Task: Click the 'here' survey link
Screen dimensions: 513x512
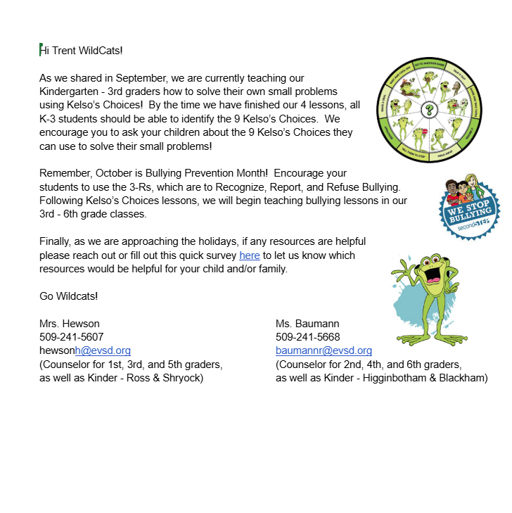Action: pyautogui.click(x=250, y=255)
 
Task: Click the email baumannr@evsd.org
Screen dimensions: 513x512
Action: pyautogui.click(x=324, y=350)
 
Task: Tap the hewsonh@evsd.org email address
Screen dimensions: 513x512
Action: pyautogui.click(x=85, y=350)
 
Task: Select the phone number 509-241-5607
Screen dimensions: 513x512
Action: pyautogui.click(x=72, y=337)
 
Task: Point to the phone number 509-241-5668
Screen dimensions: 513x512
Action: pyautogui.click(x=308, y=337)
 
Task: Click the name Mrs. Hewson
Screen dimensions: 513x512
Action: pyautogui.click(x=70, y=324)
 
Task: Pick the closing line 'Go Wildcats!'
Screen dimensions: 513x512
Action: pyautogui.click(x=69, y=296)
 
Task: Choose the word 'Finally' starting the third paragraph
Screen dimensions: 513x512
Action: pyautogui.click(x=55, y=241)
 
